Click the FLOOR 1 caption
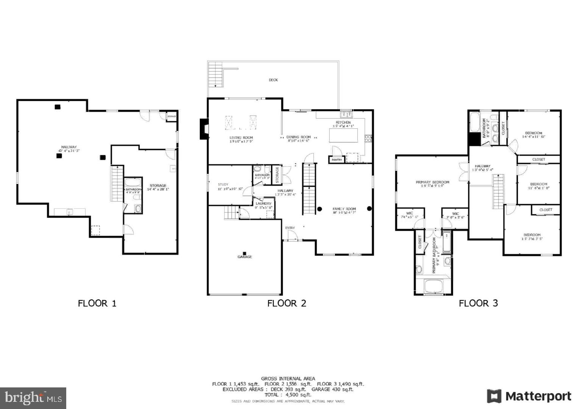tap(97, 303)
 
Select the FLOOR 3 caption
tap(478, 303)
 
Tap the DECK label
tap(273, 80)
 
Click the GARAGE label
tap(245, 257)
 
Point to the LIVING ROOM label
tap(241, 138)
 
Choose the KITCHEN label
tap(343, 122)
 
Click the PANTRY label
tap(337, 160)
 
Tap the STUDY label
tap(223, 184)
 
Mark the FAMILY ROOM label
tap(344, 209)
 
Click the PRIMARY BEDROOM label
tap(432, 182)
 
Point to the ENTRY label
tap(290, 228)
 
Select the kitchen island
tap(343, 135)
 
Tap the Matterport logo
tap(529, 396)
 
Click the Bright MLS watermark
tap(33, 398)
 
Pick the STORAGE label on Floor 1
tap(158, 186)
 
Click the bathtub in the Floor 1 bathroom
tap(133, 182)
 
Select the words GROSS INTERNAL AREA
tap(288, 378)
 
